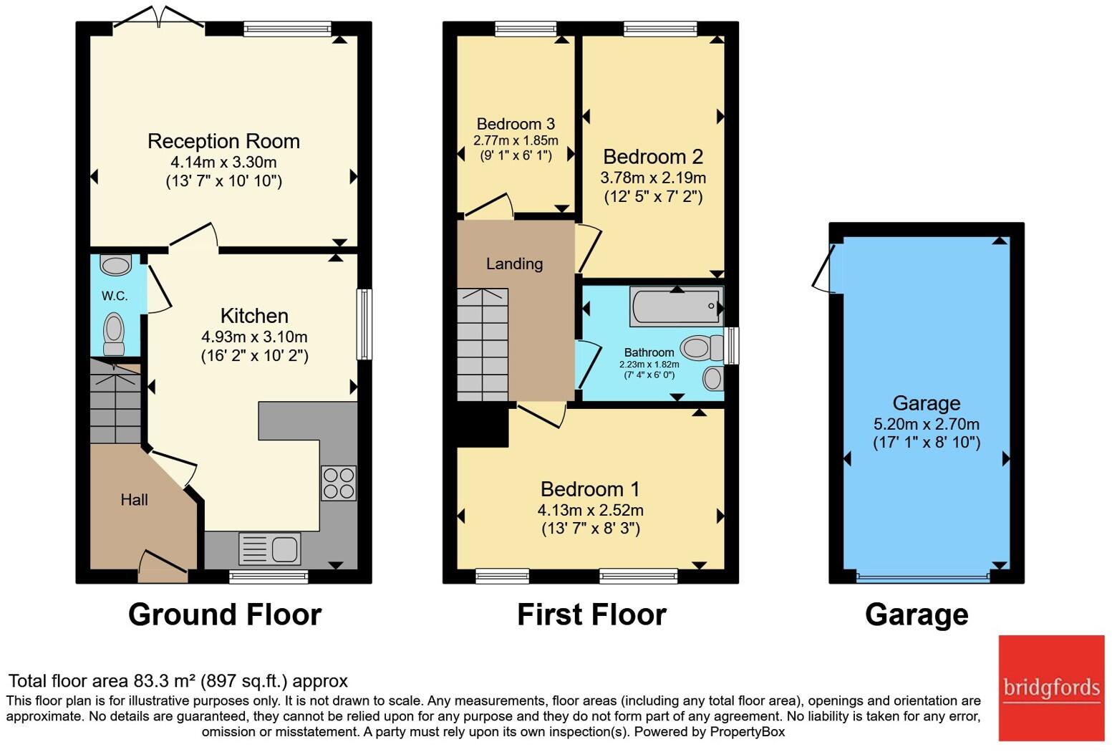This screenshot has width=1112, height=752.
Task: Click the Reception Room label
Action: pyautogui.click(x=223, y=142)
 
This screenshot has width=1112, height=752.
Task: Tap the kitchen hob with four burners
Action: pyautogui.click(x=339, y=483)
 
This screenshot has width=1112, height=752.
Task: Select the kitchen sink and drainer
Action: pyautogui.click(x=269, y=549)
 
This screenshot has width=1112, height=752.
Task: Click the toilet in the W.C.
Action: pyautogui.click(x=114, y=333)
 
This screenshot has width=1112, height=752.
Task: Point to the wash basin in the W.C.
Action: pyautogui.click(x=116, y=265)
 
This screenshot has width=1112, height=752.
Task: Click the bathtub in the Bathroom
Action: pyautogui.click(x=676, y=306)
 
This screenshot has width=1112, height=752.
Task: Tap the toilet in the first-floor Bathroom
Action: pyautogui.click(x=702, y=347)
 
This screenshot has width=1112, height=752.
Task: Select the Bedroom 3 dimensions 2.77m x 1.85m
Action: pyautogui.click(x=516, y=140)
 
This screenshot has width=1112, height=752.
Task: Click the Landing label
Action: pyautogui.click(x=514, y=264)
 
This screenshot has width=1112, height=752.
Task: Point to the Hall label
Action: pyautogui.click(x=134, y=500)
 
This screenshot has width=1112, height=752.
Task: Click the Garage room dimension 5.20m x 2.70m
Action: pyautogui.click(x=927, y=424)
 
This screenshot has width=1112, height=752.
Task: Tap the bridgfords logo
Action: pyautogui.click(x=1051, y=688)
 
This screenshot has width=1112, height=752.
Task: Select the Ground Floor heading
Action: pyautogui.click(x=225, y=614)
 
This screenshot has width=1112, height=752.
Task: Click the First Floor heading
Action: pyautogui.click(x=591, y=614)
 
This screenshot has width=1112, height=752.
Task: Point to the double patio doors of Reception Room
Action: pyautogui.click(x=159, y=17)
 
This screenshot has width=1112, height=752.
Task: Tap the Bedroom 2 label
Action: pyautogui.click(x=653, y=157)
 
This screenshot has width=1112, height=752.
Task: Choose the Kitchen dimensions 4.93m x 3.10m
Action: pyautogui.click(x=254, y=337)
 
